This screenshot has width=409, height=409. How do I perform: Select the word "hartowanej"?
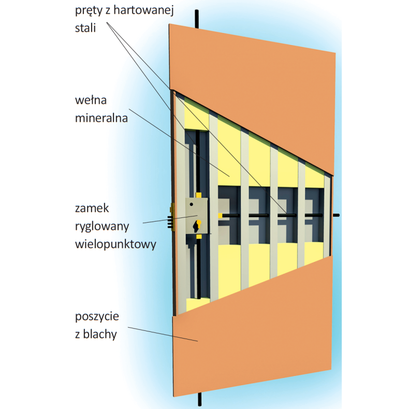tap(144, 11)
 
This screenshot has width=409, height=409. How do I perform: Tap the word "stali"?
tap(85, 27)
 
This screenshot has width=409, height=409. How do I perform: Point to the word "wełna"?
tap(91, 100)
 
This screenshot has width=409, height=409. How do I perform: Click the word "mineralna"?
tap(101, 118)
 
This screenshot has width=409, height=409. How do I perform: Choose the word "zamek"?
tap(92, 208)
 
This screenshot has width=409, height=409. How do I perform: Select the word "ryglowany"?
tap(102, 227)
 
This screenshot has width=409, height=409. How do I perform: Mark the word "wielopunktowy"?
tap(115, 244)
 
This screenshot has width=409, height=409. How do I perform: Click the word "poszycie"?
tap(97, 317)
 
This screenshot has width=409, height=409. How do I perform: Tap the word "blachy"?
tap(100, 334)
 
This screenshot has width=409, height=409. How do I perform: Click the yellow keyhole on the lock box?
tap(197, 225)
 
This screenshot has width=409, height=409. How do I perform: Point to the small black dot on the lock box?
tap(192, 204)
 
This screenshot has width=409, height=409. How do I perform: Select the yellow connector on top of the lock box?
tap(198, 195)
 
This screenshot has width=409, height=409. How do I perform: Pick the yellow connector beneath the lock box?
tap(199, 237)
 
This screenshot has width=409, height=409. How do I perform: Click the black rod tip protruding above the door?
tap(197, 18)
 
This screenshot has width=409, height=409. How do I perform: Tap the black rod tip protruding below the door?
tap(200, 399)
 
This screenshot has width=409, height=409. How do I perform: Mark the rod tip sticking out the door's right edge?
tap(336, 215)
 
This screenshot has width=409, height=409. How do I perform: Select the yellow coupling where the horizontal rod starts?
tap(221, 216)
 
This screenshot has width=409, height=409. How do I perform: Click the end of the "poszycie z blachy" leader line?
tap(197, 341)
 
